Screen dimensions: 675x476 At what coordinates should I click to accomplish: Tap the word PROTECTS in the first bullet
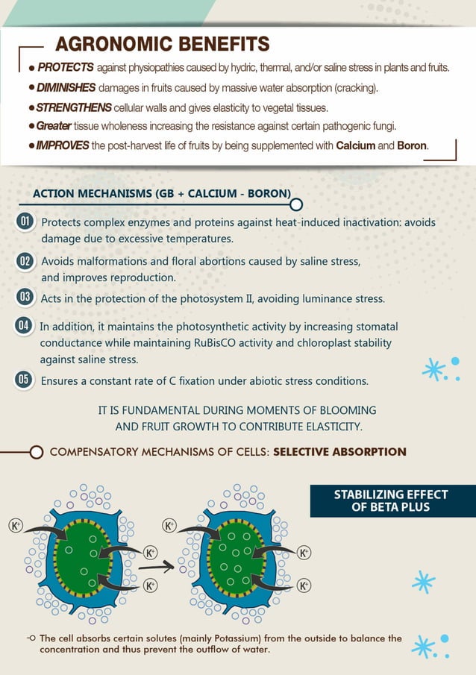(65, 68)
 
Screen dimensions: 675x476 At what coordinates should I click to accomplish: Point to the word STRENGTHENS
(75, 107)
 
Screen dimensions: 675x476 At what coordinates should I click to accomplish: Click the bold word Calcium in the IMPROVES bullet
(355, 145)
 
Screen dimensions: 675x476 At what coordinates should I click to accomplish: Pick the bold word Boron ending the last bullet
(412, 145)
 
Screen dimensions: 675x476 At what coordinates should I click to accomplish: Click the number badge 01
(25, 222)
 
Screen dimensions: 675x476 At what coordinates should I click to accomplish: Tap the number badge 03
(25, 298)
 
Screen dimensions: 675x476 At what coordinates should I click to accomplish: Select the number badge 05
(25, 380)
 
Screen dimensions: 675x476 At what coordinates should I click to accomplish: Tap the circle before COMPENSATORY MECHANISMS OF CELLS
(36, 452)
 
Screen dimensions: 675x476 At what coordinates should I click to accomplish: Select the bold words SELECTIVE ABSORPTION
(339, 452)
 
